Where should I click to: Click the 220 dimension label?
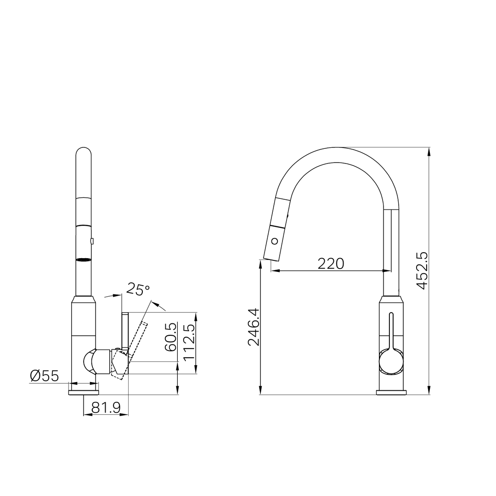[x=331, y=263]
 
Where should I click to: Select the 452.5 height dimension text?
[x=422, y=271]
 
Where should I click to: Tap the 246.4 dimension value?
[x=254, y=327]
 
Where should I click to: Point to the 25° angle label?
[x=138, y=289]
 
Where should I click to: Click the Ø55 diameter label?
[x=45, y=376]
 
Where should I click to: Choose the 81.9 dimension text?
[x=106, y=407]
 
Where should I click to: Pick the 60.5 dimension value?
[x=170, y=337]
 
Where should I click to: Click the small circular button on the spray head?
[x=275, y=240]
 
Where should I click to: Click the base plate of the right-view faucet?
[x=391, y=392]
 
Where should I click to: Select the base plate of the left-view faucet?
[x=83, y=392]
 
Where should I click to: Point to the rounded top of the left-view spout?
[x=83, y=152]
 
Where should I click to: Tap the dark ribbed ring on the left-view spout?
[x=83, y=259]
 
